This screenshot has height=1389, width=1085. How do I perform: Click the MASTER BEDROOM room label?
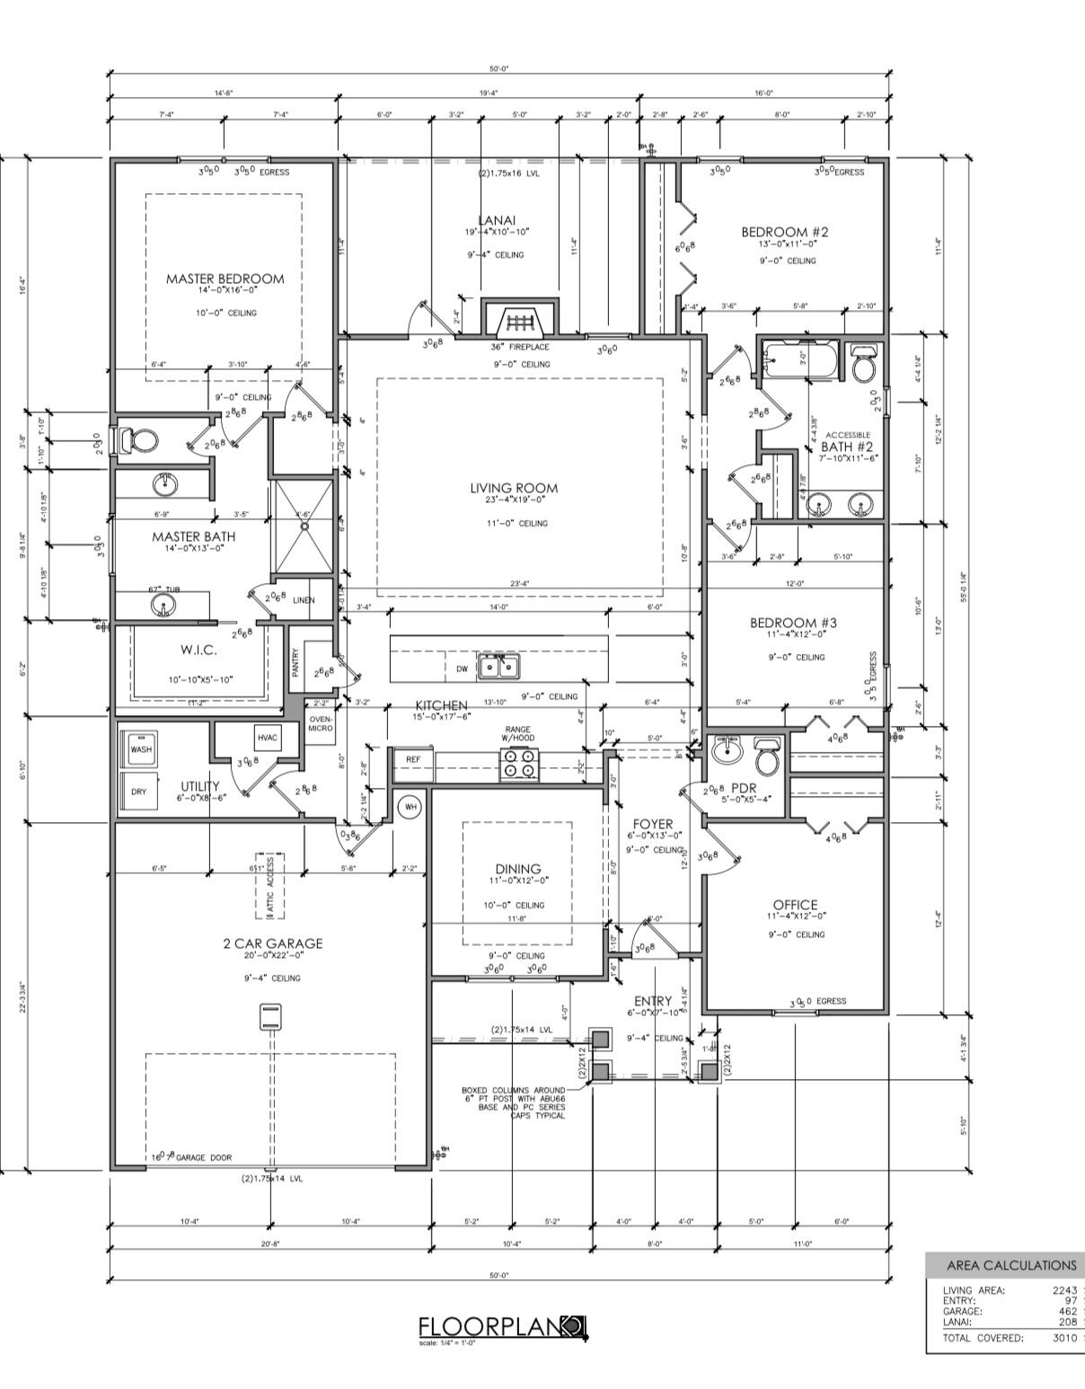[225, 279]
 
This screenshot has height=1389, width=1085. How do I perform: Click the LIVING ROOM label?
[514, 489]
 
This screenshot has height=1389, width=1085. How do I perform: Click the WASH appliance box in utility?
[141, 749]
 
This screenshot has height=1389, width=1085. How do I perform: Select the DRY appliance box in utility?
[139, 792]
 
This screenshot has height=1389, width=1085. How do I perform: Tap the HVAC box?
[268, 738]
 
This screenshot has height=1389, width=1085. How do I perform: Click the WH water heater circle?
[410, 807]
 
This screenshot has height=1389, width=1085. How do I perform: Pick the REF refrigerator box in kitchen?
[413, 760]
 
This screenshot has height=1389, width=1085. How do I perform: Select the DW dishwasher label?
[462, 668]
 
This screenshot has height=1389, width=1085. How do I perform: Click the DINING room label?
[518, 869]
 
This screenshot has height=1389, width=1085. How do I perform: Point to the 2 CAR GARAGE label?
[272, 943]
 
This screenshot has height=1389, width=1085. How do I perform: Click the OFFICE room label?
[796, 905]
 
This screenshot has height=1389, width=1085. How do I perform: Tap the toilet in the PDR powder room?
[766, 756]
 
